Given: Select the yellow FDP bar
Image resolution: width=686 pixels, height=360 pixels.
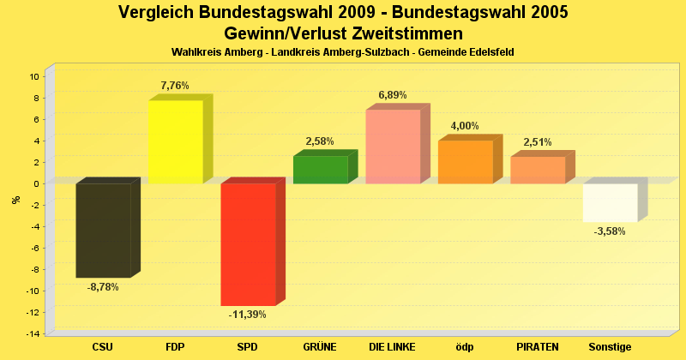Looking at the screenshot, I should click(176, 141).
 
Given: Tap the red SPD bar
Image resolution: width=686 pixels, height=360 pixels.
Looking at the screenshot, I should click(248, 244).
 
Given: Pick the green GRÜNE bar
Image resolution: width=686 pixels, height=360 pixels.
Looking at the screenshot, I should click(321, 170).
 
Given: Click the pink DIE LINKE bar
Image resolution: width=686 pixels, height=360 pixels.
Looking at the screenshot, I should click(393, 147).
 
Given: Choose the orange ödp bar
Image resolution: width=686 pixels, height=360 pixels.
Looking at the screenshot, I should click(466, 162).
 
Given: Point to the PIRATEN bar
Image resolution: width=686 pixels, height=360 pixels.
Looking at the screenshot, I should click(538, 170).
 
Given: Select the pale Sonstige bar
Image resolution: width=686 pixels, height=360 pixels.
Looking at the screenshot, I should click(610, 202).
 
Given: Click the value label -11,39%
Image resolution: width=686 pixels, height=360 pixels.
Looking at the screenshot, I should click(247, 315).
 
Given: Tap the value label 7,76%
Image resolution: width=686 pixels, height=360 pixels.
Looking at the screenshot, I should click(175, 86).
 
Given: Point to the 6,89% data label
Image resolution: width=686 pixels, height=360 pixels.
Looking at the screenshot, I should click(393, 95).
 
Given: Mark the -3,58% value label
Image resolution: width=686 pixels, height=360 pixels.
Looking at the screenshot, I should click(610, 231).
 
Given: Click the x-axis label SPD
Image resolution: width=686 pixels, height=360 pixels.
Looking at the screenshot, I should click(248, 347).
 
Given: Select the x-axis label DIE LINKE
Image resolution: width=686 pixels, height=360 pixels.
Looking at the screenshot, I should click(393, 347).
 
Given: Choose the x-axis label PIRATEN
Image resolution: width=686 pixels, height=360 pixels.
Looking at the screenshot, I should click(538, 347).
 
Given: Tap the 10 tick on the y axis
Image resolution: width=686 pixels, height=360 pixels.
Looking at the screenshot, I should click(35, 76).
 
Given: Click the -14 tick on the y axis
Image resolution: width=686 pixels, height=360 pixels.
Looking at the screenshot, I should click(33, 333).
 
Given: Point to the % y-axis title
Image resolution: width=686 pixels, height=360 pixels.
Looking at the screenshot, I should click(15, 200).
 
